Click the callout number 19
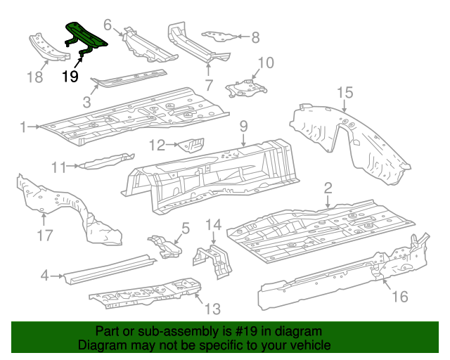[70, 77]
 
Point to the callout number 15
[344, 92]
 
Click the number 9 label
[243, 127]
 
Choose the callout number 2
[328, 188]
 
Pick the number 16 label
[399, 297]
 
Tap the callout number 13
[212, 309]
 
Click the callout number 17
[44, 236]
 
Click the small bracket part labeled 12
[191, 146]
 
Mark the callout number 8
[255, 37]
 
